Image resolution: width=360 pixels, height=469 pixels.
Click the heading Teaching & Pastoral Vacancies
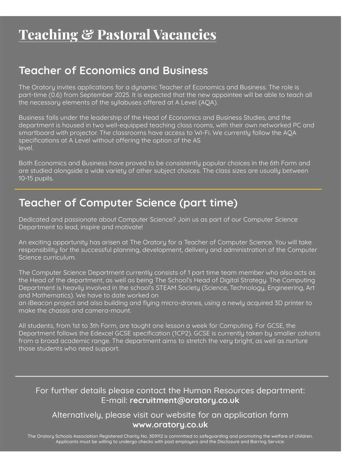(x=117, y=35)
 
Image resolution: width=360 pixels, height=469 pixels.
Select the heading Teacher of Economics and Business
(x=113, y=70)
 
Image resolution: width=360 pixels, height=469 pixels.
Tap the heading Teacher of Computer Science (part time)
(x=128, y=203)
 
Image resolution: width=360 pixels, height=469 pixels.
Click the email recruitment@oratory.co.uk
(x=184, y=400)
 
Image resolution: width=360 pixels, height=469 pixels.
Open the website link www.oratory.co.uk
(x=170, y=425)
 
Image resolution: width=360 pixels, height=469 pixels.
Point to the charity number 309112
(x=155, y=436)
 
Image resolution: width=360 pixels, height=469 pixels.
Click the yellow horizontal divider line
(x=168, y=189)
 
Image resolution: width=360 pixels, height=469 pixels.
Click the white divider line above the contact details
(x=172, y=376)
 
